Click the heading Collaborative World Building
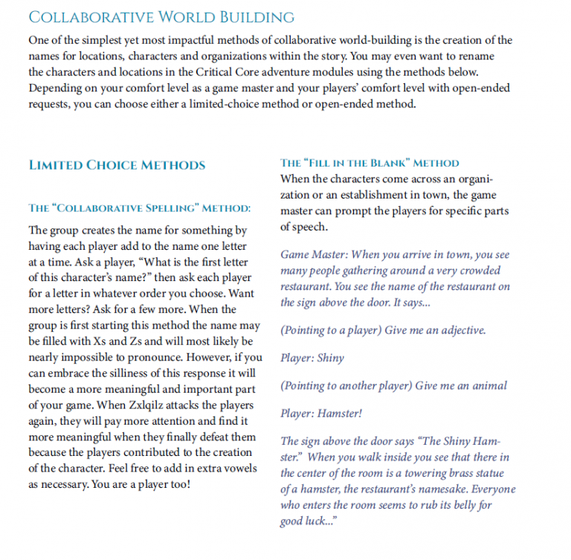coord(161,18)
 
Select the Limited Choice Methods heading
coord(117,165)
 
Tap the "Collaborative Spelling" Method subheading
coord(139,207)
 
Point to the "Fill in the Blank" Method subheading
coord(370,162)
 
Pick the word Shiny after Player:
coord(330,358)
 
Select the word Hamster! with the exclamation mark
coord(340,413)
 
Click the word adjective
coord(462,330)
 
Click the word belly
coord(466,506)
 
